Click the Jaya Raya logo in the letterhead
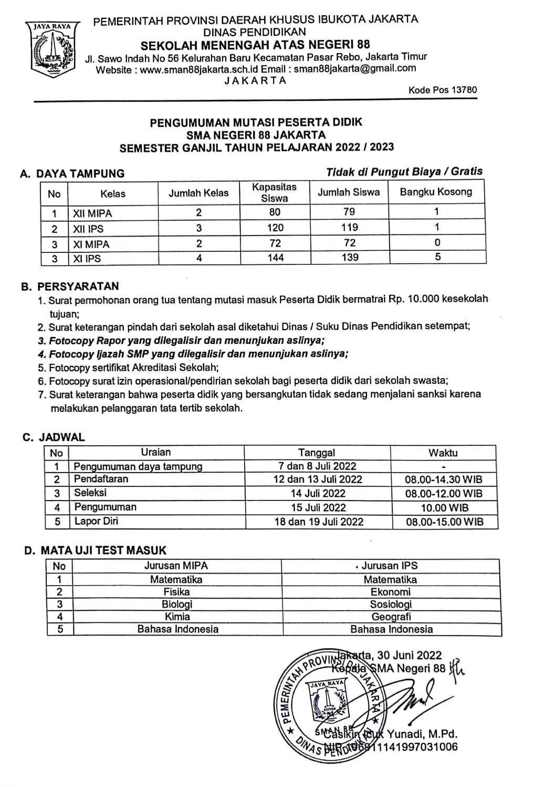point(52,48)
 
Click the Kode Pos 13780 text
point(443,90)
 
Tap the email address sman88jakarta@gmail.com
point(355,68)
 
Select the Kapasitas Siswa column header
point(274,192)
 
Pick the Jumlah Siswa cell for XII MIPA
point(349,212)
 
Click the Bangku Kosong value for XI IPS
point(437,257)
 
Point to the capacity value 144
point(275,258)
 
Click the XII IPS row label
point(89,229)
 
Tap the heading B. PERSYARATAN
point(70,287)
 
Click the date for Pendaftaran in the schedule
point(318,479)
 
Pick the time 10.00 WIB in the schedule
point(444,508)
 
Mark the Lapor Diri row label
point(96,521)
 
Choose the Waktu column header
point(443,453)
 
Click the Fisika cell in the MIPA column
point(176,592)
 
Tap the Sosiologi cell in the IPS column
point(390,605)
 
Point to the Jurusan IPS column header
point(390,566)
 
